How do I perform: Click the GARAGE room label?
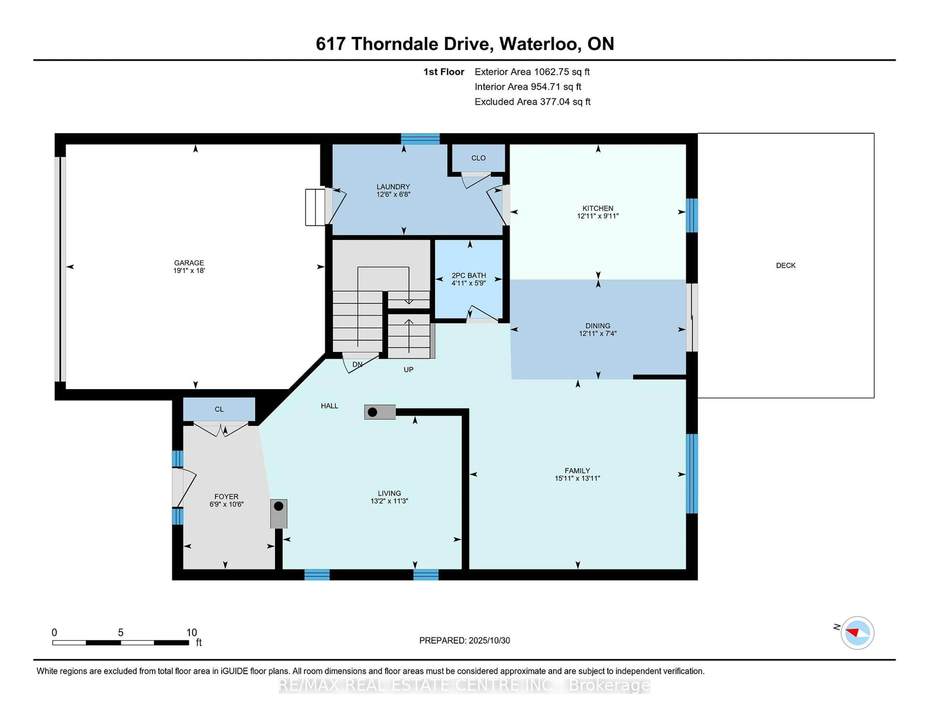coord(189,263)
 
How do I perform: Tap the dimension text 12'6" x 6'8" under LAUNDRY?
coord(393,194)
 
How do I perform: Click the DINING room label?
coord(597,326)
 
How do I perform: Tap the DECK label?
coord(785,265)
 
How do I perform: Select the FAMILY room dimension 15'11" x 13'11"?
coord(577,478)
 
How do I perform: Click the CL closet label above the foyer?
coord(219,409)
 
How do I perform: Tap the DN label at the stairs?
coord(357,365)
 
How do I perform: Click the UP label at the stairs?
coord(408,370)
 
